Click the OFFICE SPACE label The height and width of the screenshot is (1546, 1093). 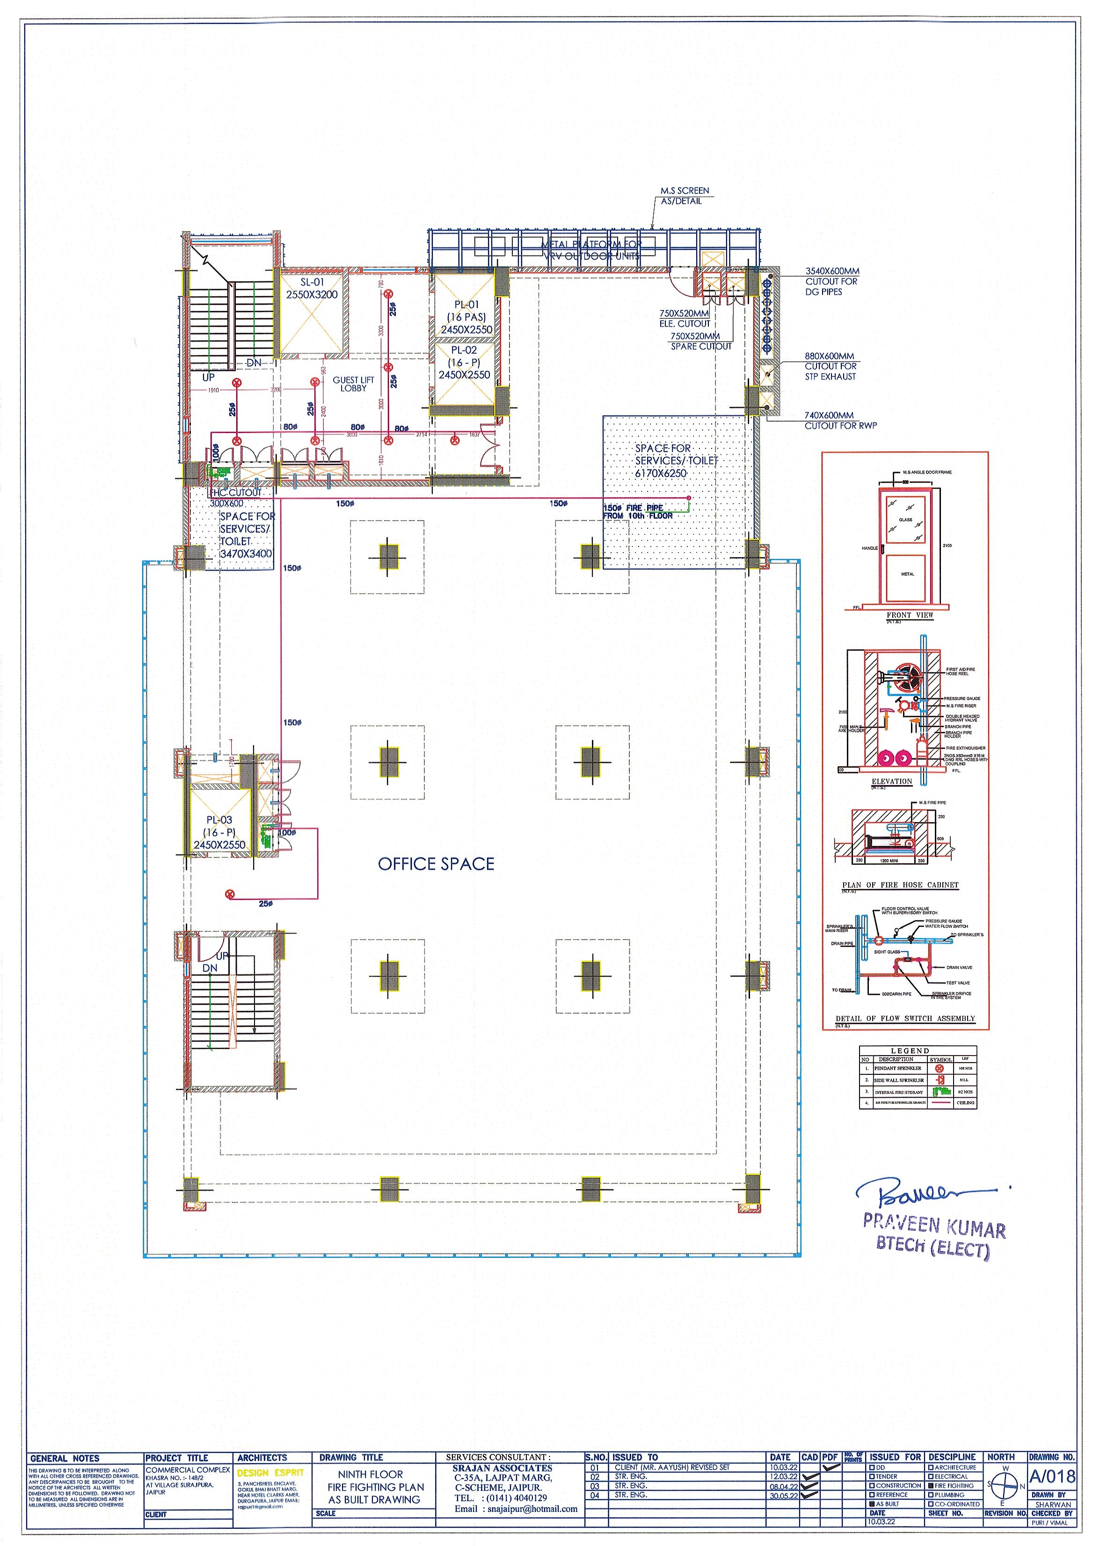click(436, 864)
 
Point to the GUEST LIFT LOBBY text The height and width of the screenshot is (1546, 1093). click(353, 384)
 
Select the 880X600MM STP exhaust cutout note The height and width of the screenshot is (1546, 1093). click(830, 366)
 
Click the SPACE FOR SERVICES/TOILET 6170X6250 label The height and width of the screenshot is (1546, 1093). click(676, 460)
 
